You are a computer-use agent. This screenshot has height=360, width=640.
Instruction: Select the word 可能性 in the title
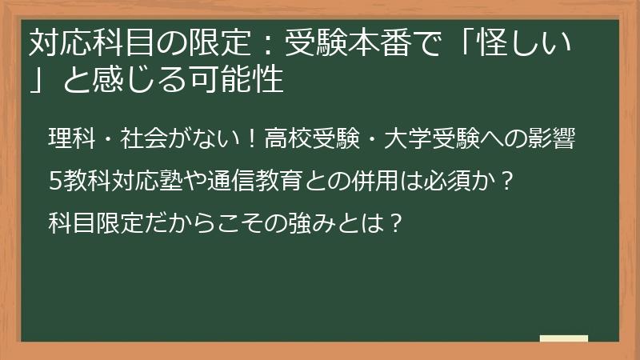[x=245, y=80]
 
